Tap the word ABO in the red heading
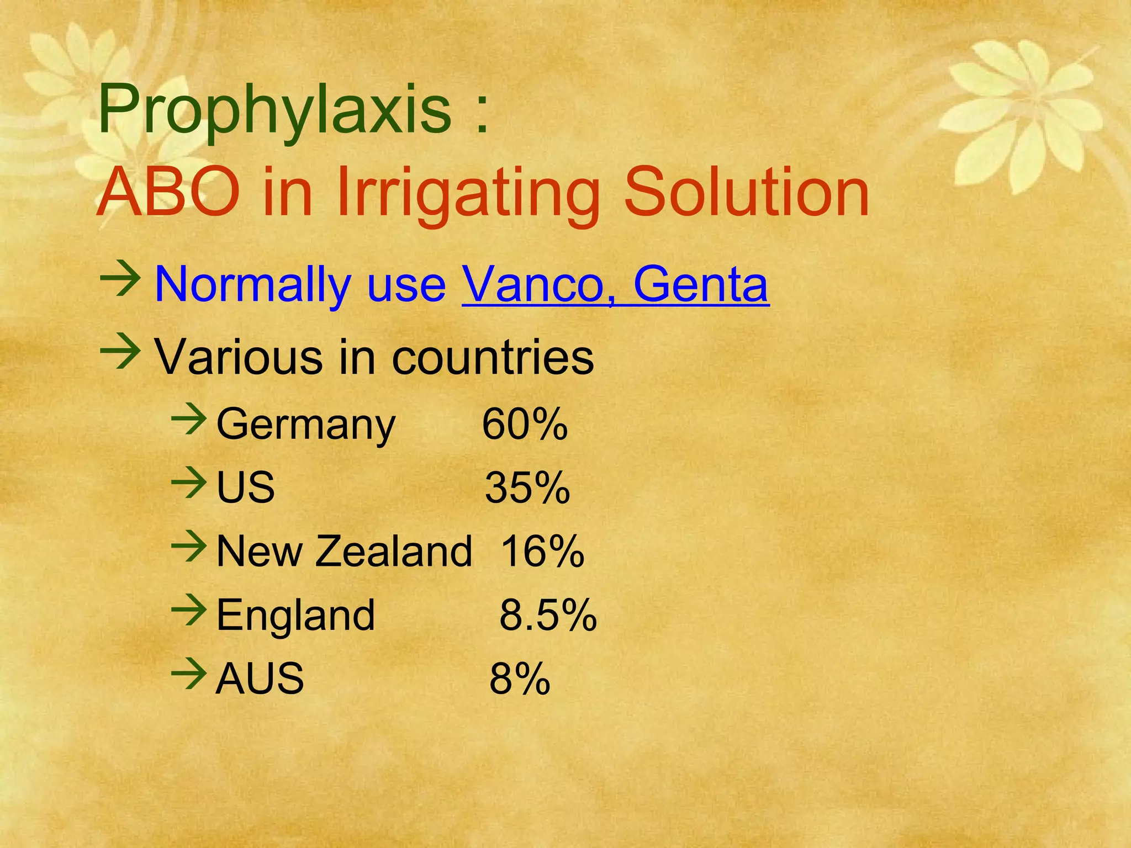pos(168,193)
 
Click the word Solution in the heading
pos(747,193)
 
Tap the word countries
pos(493,357)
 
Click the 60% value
pos(525,425)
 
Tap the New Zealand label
pos(344,551)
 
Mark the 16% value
pos(542,551)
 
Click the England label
pos(295,615)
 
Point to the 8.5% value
pos(548,615)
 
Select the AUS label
pos(260,679)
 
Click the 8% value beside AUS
pos(520,679)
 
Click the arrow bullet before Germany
pos(188,421)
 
